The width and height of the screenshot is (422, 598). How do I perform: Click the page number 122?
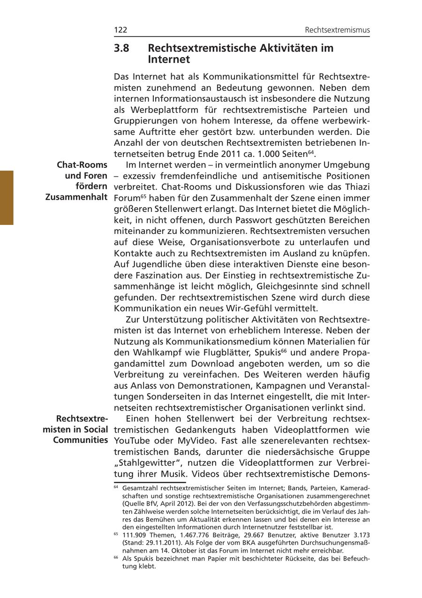(121, 30)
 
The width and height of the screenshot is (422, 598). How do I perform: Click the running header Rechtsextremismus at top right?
(337, 30)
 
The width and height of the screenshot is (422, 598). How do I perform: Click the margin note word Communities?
(81, 440)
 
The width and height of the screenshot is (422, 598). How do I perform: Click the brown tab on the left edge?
(7, 198)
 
